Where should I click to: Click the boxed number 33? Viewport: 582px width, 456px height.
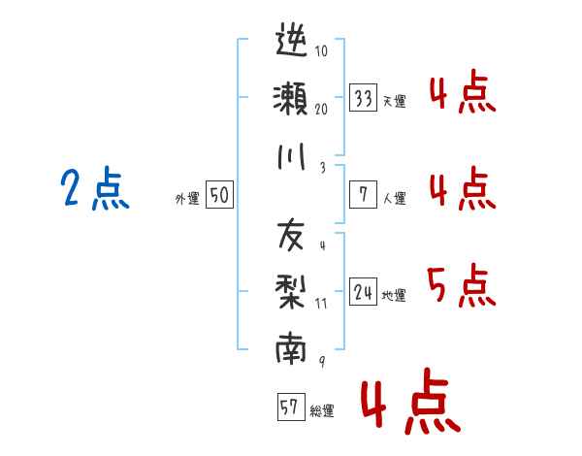[x=364, y=98]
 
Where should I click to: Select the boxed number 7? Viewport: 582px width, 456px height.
[x=364, y=194]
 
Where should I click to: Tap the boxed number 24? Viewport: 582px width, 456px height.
[x=364, y=292]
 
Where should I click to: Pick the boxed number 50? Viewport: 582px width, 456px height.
[x=218, y=195]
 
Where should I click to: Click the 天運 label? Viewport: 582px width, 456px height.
[x=394, y=101]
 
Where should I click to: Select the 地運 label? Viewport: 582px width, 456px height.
[x=394, y=295]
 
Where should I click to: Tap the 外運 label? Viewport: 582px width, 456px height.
[x=187, y=198]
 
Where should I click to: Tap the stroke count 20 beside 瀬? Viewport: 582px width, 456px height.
[x=321, y=109]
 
